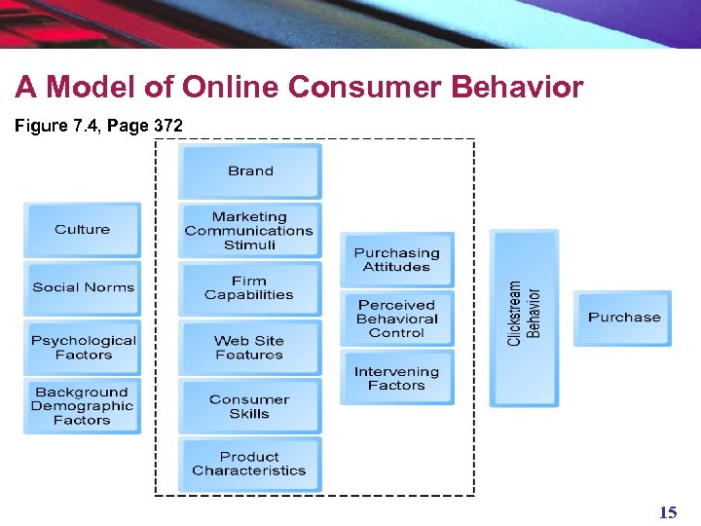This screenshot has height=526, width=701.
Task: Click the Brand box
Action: click(250, 171)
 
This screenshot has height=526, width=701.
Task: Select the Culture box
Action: click(83, 230)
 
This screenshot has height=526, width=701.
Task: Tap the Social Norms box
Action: click(83, 287)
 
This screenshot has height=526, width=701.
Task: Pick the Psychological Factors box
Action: click(83, 348)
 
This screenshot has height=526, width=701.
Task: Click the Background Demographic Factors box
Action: click(83, 406)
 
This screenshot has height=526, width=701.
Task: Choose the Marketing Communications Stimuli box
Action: click(250, 231)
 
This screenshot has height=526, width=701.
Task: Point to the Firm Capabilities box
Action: click(250, 288)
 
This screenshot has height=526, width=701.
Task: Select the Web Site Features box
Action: click(250, 348)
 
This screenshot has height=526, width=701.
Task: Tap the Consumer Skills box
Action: click(250, 406)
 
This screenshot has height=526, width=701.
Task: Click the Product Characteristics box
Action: click(250, 464)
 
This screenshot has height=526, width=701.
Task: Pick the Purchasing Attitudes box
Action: click(396, 260)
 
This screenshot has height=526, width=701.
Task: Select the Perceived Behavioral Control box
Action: click(396, 319)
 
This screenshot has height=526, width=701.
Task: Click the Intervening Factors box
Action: click(396, 378)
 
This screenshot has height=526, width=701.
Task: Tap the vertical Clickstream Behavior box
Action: click(524, 313)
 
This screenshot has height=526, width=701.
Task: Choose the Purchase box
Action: click(623, 318)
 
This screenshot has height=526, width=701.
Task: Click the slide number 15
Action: click(668, 512)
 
